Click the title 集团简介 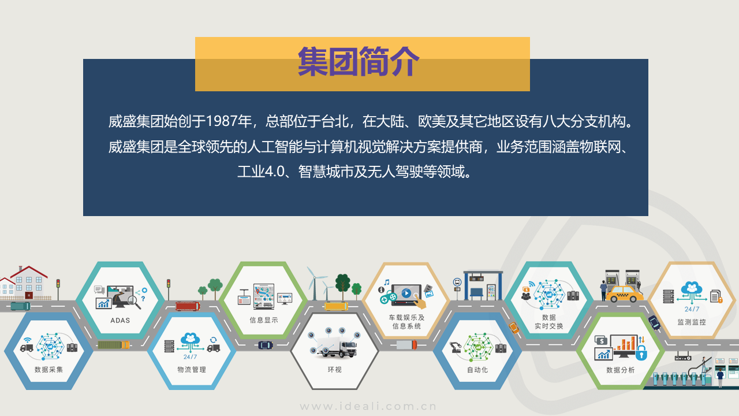[x=359, y=61]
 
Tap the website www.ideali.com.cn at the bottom [x=368, y=406]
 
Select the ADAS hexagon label [x=120, y=320]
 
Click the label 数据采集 [x=49, y=369]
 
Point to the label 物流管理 [x=192, y=369]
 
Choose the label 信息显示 [x=264, y=320]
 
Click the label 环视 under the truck [x=334, y=369]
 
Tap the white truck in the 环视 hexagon [x=337, y=348]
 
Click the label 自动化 [x=477, y=370]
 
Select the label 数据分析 [x=620, y=370]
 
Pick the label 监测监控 [x=692, y=322]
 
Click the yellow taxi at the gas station [x=625, y=294]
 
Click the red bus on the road [x=188, y=306]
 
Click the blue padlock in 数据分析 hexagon [x=641, y=352]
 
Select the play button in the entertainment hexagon [x=406, y=292]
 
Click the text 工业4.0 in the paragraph [x=261, y=172]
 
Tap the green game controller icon [x=389, y=298]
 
